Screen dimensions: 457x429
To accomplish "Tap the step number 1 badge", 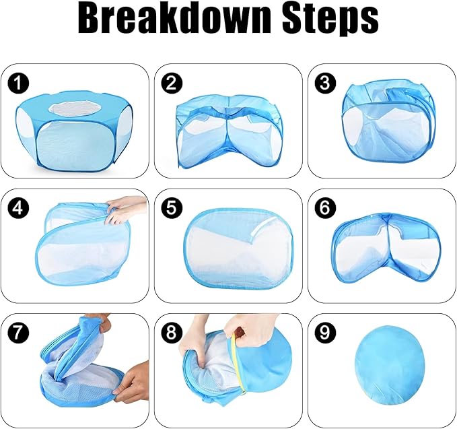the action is (x=19, y=83).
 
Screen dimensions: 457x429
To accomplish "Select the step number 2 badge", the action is (x=172, y=83).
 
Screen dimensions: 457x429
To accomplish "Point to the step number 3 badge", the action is (x=325, y=83).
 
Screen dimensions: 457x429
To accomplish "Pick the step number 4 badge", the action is (x=19, y=208).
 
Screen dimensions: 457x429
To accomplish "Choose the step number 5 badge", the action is (x=172, y=208).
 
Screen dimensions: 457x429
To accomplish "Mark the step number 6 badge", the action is (x=325, y=208).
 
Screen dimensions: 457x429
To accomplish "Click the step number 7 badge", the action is (x=19, y=333).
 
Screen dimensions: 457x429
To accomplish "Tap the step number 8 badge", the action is (x=172, y=333).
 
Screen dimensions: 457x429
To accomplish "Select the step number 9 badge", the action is (x=325, y=333).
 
